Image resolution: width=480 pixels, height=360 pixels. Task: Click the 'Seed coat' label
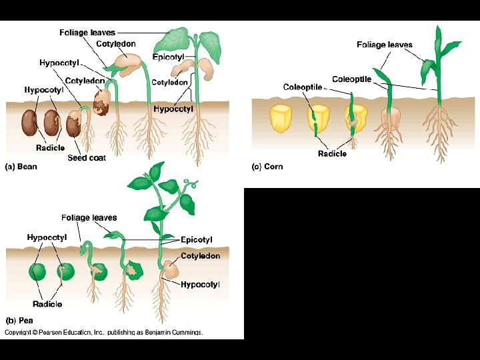87,158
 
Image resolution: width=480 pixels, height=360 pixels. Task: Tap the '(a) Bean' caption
21,167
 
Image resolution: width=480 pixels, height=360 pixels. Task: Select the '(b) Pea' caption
19,320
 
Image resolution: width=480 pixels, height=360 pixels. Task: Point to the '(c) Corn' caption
267,167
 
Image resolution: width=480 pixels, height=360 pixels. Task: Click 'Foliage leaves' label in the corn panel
385,45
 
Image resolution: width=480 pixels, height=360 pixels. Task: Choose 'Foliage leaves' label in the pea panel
89,217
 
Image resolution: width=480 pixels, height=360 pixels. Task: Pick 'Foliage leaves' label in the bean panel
87,32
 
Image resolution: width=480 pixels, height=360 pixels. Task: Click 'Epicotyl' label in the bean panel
168,57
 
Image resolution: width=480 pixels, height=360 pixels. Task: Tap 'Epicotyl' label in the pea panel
197,239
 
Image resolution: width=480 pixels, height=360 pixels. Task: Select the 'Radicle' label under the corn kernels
332,153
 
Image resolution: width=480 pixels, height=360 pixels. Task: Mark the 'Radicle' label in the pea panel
47,304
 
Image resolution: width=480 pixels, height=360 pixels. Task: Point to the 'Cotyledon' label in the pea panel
200,255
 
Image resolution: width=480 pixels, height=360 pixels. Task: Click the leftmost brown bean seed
29,123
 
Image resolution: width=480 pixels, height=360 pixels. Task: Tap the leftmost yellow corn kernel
279,118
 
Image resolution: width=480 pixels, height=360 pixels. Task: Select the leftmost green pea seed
38,272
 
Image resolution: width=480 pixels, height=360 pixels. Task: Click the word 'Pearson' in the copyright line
52,332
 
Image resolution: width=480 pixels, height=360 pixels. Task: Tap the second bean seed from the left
51,123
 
